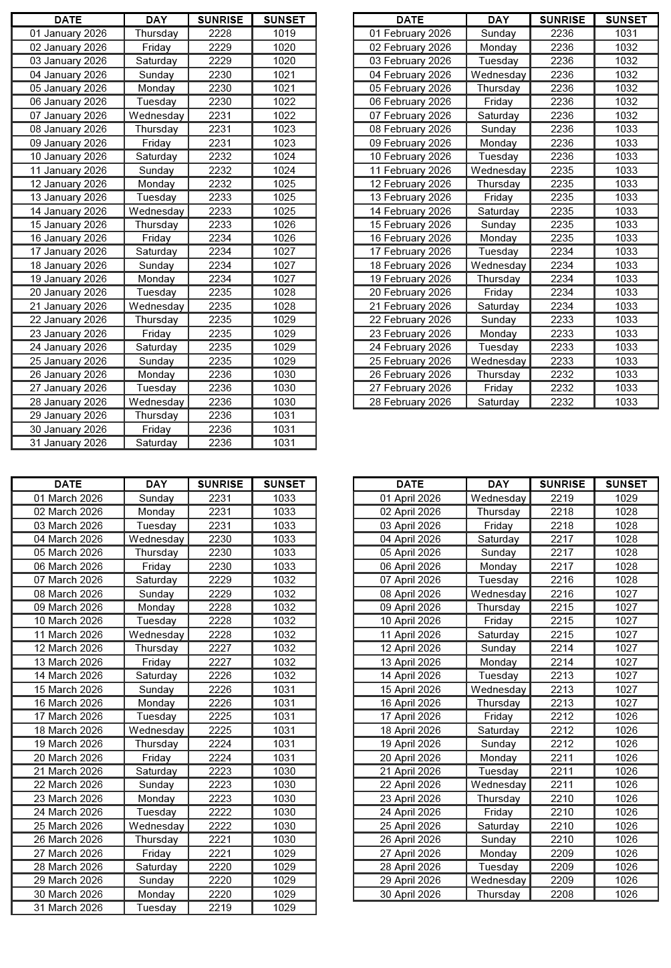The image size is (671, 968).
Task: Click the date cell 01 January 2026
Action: point(68,33)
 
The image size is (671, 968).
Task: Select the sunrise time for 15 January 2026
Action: point(220,225)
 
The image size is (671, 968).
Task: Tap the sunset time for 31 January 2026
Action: point(284,443)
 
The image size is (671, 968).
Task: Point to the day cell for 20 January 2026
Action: point(156,292)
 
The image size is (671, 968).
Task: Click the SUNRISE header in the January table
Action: point(220,20)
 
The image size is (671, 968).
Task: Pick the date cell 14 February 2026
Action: point(410,211)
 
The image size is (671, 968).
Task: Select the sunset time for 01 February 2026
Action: point(626,33)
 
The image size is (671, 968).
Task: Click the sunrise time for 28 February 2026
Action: point(562,402)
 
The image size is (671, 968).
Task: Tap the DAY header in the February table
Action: point(498,20)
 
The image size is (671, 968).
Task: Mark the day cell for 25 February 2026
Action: point(498,361)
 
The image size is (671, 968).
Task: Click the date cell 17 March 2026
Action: point(68,716)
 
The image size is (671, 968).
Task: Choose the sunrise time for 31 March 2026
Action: point(220,908)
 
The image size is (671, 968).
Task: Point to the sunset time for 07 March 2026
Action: point(284,580)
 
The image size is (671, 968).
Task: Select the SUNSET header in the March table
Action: point(284,484)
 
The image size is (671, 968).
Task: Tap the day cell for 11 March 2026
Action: point(156,635)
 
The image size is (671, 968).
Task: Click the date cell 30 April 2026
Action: point(410,894)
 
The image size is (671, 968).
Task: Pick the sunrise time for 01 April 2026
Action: point(562,498)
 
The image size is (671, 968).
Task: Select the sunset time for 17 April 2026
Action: point(626,716)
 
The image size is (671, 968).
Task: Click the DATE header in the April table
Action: point(410,484)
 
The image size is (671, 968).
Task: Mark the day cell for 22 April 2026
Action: point(498,785)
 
